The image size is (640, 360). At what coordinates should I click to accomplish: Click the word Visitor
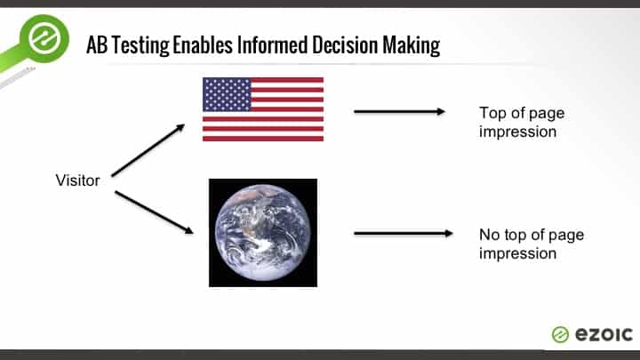pos(77,180)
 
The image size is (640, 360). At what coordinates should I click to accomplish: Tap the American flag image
pos(263,109)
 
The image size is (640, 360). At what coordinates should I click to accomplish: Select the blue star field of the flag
pos(227,94)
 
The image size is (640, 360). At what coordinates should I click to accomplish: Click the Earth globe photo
pos(263,233)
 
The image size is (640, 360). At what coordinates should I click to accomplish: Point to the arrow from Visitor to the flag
pos(148,150)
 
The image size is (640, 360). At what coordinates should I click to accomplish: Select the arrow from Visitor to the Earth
pos(154,212)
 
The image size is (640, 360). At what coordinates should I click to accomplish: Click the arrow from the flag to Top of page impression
pos(399,111)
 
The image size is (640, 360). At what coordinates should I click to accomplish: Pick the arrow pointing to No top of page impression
pos(404,234)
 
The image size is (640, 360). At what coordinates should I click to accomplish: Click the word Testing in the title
pos(140,45)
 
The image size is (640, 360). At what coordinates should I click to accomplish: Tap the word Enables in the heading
pos(203,44)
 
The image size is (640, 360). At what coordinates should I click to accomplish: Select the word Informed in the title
pos(273,44)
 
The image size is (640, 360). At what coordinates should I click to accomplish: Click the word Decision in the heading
pos(345,44)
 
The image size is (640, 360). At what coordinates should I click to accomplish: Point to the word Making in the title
pos(411,45)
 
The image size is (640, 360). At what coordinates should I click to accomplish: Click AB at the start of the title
pos(97,45)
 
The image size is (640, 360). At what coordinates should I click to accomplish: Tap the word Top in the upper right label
pos(492,113)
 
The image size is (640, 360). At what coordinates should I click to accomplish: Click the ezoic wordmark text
pos(604,335)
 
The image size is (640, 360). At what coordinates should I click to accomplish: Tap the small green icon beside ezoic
pos(560,335)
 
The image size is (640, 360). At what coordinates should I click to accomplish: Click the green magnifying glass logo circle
pos(44,38)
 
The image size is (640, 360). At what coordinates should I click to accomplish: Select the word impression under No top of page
pos(517,254)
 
